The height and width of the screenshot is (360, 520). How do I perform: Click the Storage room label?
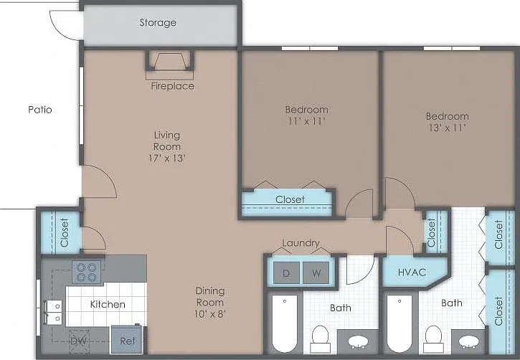[x=158, y=22]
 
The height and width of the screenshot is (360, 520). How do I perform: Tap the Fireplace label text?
[x=172, y=86]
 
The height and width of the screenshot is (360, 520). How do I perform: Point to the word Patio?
[x=40, y=110]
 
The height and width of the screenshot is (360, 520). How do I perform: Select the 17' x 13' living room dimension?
[x=167, y=158]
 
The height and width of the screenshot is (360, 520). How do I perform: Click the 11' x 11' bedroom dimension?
[x=306, y=121]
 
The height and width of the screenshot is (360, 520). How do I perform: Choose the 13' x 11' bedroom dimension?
[x=448, y=128]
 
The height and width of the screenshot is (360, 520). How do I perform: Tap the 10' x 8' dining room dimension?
[x=210, y=314]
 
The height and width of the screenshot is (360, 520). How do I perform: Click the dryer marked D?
[x=286, y=273]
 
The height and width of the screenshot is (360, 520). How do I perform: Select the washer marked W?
[x=316, y=273]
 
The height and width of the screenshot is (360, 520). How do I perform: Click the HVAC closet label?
[x=412, y=273]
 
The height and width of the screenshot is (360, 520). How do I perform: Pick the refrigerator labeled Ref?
[x=128, y=341]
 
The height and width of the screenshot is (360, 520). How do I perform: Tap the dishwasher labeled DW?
[x=79, y=341]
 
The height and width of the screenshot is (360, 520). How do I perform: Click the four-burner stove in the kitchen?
[x=87, y=272]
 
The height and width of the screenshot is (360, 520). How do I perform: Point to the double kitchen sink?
[x=53, y=312]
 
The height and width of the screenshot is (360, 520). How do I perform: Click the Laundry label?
[x=301, y=243]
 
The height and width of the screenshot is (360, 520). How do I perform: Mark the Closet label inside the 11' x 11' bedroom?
[x=290, y=199]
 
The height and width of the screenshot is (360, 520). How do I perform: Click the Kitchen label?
[x=108, y=304]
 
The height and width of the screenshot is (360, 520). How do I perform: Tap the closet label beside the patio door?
[x=65, y=232]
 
